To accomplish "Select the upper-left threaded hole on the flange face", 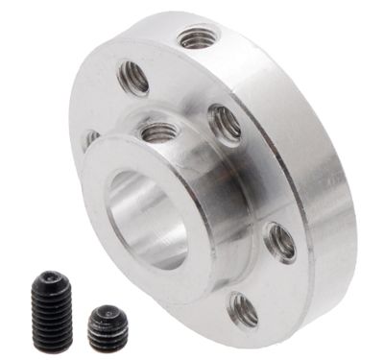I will [133, 77].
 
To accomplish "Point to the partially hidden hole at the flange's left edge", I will [91, 139].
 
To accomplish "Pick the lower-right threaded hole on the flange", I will [279, 242].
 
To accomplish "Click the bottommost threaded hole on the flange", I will [243, 308].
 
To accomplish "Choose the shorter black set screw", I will [108, 328].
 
